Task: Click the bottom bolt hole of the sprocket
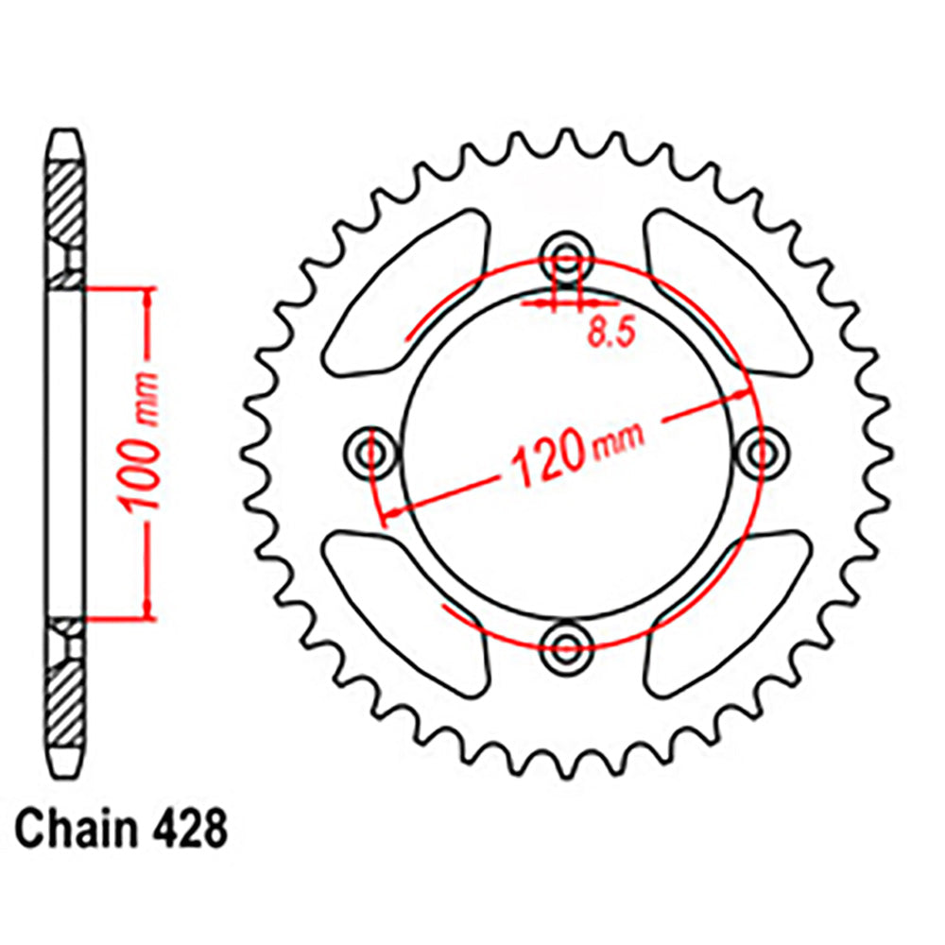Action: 566,647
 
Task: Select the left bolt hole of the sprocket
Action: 369,451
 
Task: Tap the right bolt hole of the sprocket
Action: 762,452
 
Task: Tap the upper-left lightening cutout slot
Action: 408,293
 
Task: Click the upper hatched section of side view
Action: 65,203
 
